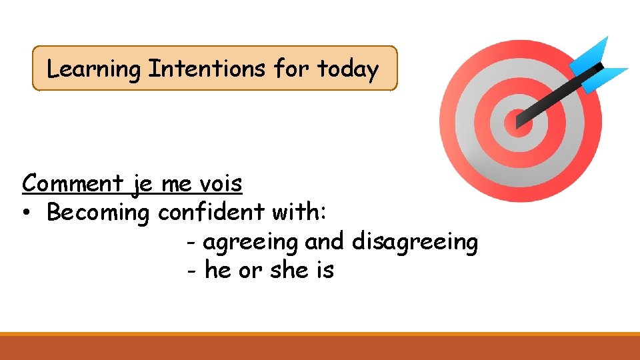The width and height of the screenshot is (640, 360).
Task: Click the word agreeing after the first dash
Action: click(251, 242)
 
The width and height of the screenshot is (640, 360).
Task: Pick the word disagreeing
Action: click(415, 242)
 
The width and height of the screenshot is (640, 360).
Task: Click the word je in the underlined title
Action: click(142, 184)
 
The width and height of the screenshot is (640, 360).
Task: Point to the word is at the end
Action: click(325, 270)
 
